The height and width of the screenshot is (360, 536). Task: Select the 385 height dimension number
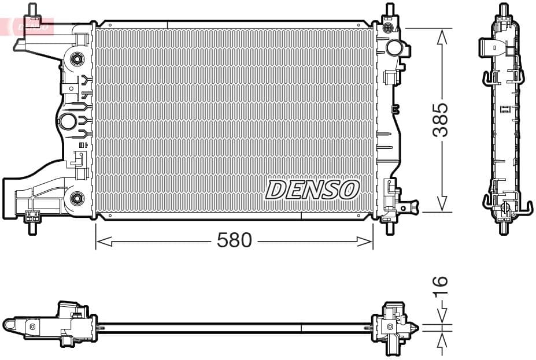(x=441, y=120)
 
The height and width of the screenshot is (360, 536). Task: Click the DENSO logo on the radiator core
(x=312, y=190)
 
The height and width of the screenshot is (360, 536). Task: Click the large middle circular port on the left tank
(x=68, y=121)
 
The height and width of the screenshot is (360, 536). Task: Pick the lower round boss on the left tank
(x=76, y=198)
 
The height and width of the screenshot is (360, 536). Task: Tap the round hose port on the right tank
(x=395, y=47)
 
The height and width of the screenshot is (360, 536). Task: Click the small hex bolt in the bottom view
(x=33, y=327)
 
